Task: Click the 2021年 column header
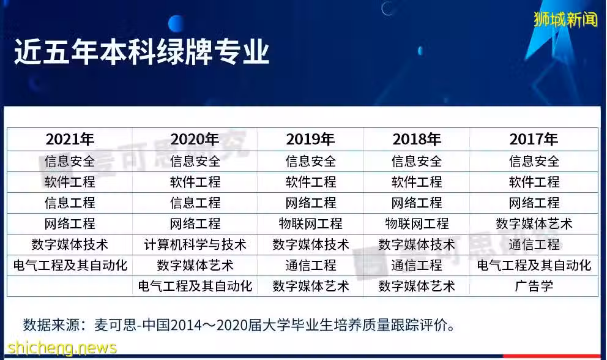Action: pyautogui.click(x=70, y=140)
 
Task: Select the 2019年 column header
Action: pyautogui.click(x=310, y=140)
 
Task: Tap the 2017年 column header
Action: pyautogui.click(x=534, y=140)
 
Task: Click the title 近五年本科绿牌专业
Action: pyautogui.click(x=142, y=51)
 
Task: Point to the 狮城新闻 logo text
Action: pyautogui.click(x=565, y=19)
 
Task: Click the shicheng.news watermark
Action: pyautogui.click(x=62, y=348)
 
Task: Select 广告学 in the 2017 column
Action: pyautogui.click(x=534, y=287)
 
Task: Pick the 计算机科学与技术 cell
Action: pyautogui.click(x=195, y=244)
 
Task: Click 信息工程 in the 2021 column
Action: pyautogui.click(x=70, y=203)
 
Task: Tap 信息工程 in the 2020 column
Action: pyautogui.click(x=195, y=203)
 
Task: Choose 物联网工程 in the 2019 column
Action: pyautogui.click(x=310, y=223)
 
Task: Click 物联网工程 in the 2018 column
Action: pyautogui.click(x=417, y=223)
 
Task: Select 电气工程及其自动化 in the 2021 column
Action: pyautogui.click(x=70, y=266)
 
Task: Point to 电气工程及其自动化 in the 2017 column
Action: pyautogui.click(x=534, y=266)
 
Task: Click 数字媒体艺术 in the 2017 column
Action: pyautogui.click(x=534, y=223)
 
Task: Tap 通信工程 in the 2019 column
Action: pyautogui.click(x=310, y=266)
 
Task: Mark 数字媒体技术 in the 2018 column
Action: pyautogui.click(x=417, y=244)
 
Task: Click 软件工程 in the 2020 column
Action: pyautogui.click(x=195, y=182)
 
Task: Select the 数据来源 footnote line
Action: pyautogui.click(x=239, y=324)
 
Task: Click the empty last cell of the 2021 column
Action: pyautogui.click(x=70, y=287)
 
